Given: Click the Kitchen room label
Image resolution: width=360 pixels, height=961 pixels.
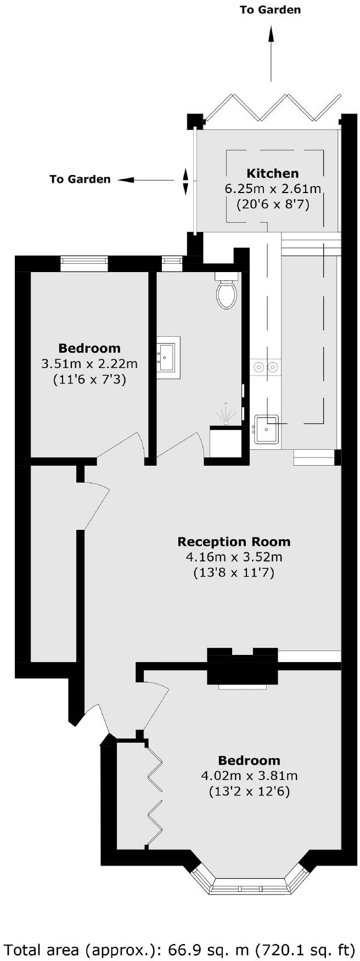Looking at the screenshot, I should click(x=272, y=173).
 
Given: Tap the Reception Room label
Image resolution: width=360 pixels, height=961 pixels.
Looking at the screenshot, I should click(x=234, y=542).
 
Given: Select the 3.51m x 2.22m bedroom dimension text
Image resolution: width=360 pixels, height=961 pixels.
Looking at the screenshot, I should click(x=89, y=363).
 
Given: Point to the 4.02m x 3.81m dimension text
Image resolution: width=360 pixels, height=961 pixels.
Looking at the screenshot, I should click(x=249, y=776).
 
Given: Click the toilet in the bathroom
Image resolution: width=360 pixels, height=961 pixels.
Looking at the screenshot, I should click(x=227, y=293).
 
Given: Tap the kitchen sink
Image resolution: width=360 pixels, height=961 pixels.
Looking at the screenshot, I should click(x=267, y=428).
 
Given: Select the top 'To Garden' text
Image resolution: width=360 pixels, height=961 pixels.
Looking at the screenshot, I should click(x=270, y=10).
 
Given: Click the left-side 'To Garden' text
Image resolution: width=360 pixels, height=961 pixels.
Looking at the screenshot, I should click(x=80, y=179).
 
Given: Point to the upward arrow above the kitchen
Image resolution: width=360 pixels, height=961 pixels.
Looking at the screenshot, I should click(x=271, y=52).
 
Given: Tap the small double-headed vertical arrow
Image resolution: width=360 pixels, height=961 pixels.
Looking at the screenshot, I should click(x=185, y=182).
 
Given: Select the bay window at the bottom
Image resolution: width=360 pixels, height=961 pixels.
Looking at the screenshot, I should click(x=249, y=883).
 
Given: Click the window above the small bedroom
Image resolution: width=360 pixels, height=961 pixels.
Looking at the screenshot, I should click(x=84, y=264).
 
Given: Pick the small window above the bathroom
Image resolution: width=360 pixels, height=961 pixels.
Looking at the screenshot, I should click(x=172, y=264).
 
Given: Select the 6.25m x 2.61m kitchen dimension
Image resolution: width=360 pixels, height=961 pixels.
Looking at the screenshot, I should click(x=273, y=189).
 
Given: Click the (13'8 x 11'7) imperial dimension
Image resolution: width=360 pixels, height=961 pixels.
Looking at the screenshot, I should click(x=234, y=573).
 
